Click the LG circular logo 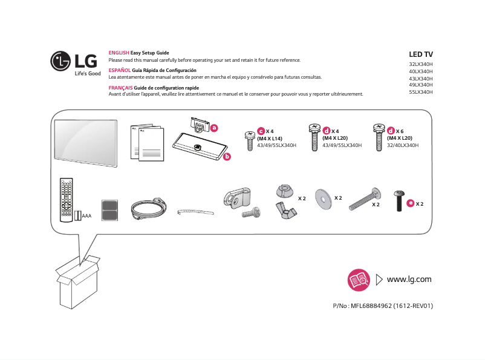coord(61,61)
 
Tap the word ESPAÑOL coord(119,71)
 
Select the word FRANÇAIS coord(120,88)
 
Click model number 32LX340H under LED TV coord(421,64)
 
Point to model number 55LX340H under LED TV coord(421,92)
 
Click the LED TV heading coord(421,54)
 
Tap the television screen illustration coord(85,141)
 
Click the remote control coord(65,199)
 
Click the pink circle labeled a coord(213,128)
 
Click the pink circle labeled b coord(227,157)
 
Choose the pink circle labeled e coord(411,203)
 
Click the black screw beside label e coord(399,200)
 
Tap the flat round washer coord(324,200)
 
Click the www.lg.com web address coord(409,279)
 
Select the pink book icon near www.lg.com coord(359,280)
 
